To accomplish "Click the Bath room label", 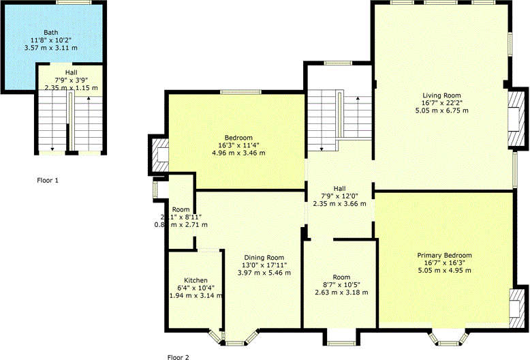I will (x=51, y=32).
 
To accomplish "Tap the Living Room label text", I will (x=441, y=95).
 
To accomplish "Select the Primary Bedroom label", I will (x=444, y=256).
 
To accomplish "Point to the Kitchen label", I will (x=196, y=280).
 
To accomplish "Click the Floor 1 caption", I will (x=48, y=181).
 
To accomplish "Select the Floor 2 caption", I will (x=178, y=357).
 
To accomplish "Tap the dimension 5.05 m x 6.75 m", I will (x=441, y=110).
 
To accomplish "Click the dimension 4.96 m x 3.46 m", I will (x=238, y=153).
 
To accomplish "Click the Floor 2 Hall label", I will (x=339, y=188).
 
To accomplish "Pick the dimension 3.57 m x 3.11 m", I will (x=51, y=48).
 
